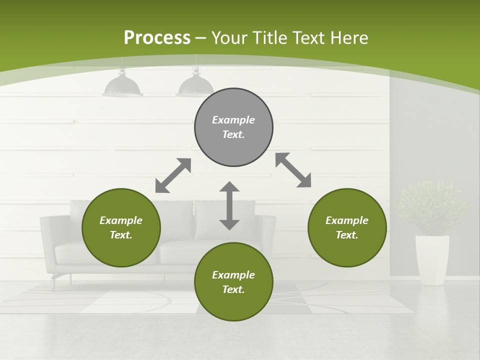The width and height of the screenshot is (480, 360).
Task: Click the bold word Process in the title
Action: [157, 37]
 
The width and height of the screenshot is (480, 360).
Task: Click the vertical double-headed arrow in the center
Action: [229, 205]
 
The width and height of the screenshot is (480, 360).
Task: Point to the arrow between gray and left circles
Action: [173, 175]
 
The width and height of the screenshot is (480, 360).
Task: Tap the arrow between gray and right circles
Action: [293, 170]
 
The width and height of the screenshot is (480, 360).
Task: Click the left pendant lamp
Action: [122, 85]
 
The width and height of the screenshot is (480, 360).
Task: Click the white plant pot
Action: [432, 260]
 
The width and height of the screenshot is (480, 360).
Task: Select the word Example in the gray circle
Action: [233, 120]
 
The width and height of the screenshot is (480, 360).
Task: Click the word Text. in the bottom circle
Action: [233, 289]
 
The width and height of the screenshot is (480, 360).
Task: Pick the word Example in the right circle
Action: [347, 220]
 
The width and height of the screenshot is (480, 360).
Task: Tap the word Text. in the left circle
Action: [121, 235]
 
